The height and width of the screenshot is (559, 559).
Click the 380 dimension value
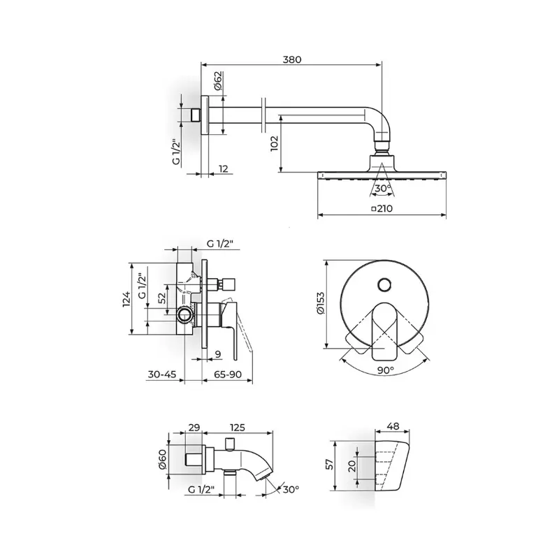(x=292, y=59)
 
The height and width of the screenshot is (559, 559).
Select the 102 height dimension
(x=274, y=143)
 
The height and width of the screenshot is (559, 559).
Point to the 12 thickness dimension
(x=223, y=168)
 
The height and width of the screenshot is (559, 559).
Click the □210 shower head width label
(x=382, y=208)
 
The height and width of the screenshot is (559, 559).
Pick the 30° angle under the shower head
(x=383, y=188)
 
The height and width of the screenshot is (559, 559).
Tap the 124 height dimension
(x=126, y=299)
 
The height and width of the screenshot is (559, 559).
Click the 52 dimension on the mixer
(x=162, y=298)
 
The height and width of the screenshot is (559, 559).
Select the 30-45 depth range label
(x=162, y=375)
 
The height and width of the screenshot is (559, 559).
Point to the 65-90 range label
(x=228, y=375)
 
